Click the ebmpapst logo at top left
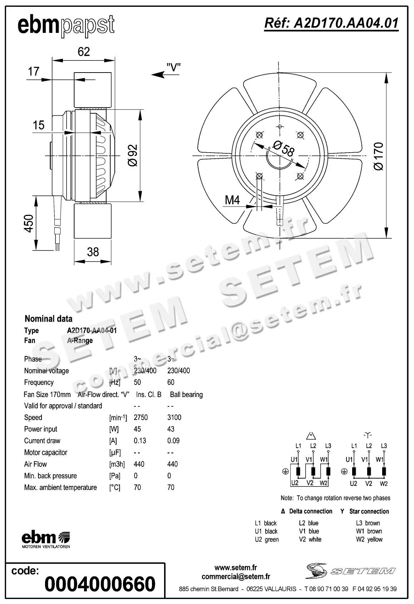pyautogui.click(x=66, y=26)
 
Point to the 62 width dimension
pyautogui.click(x=84, y=52)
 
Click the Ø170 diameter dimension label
pyautogui.click(x=378, y=156)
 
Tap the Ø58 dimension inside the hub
pyautogui.click(x=283, y=149)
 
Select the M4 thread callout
pyautogui.click(x=232, y=200)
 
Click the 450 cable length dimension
pyautogui.click(x=29, y=223)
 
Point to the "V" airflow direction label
pyautogui.click(x=173, y=67)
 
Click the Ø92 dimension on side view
pyautogui.click(x=132, y=155)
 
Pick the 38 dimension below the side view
pyautogui.click(x=93, y=252)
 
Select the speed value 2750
pyautogui.click(x=141, y=417)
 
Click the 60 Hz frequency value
pyautogui.click(x=171, y=382)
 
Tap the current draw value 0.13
pyautogui.click(x=140, y=441)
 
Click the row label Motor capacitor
pyautogui.click(x=46, y=452)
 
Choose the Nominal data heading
pyautogui.click(x=48, y=319)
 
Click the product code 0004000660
pyautogui.click(x=100, y=584)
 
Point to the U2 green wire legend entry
pyautogui.click(x=267, y=539)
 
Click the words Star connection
pyautogui.click(x=369, y=511)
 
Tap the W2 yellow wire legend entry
pyautogui.click(x=369, y=539)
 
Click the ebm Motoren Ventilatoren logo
pyautogui.click(x=46, y=540)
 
